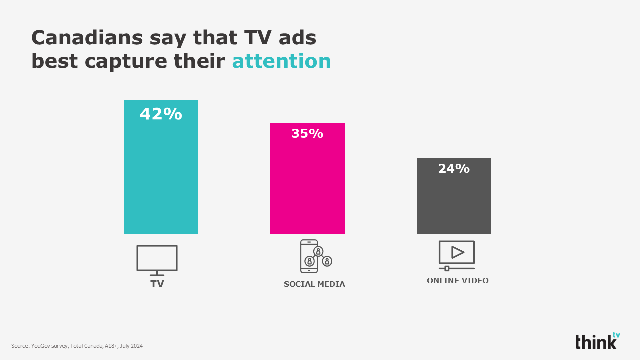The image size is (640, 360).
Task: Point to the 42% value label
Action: click(161, 114)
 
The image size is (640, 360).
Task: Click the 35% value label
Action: click(307, 134)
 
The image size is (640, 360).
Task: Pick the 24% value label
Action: click(454, 169)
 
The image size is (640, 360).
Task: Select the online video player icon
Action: click(456, 255)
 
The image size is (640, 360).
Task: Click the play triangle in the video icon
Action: click(457, 252)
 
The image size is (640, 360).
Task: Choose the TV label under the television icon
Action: click(157, 284)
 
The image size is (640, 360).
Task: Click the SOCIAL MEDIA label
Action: click(314, 284)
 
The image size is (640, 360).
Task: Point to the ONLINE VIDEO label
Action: click(457, 281)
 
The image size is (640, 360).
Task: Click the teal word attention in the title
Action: click(281, 61)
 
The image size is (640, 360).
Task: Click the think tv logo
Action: click(597, 341)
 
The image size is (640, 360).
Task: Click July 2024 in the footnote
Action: click(131, 346)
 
